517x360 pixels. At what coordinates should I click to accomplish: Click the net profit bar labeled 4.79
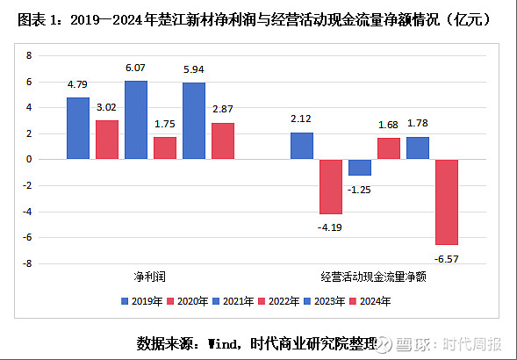77,128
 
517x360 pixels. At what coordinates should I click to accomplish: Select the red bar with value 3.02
106,140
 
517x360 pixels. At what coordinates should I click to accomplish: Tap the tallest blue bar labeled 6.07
135,120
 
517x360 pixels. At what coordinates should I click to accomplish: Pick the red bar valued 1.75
164,148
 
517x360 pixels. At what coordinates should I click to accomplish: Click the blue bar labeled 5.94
194,121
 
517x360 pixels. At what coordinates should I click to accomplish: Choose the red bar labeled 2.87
223,140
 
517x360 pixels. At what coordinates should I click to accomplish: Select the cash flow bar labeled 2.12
301,146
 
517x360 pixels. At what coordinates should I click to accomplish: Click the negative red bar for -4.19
330,186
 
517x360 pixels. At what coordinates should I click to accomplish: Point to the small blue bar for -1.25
360,167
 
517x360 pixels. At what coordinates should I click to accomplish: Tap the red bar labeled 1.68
389,148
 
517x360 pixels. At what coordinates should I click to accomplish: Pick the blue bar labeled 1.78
418,148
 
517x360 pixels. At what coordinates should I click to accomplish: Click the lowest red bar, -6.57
448,202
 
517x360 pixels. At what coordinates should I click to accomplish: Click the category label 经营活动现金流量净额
375,277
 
